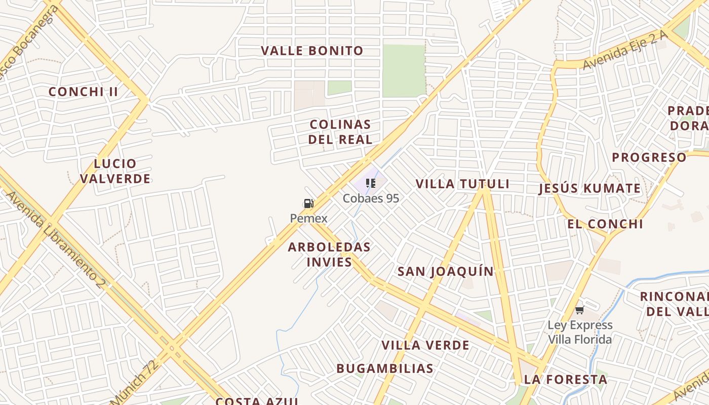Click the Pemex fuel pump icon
click(308, 204)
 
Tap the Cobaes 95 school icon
click(371, 183)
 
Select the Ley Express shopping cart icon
click(579, 310)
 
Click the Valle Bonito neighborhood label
click(312, 51)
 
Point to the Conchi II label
click(83, 92)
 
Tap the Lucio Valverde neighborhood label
click(115, 171)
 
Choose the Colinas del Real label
click(340, 132)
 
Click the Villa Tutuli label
click(462, 184)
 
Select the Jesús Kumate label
click(589, 189)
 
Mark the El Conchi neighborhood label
click(605, 224)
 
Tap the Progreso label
click(649, 157)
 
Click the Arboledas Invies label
click(329, 254)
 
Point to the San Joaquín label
click(446, 271)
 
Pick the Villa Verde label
click(425, 345)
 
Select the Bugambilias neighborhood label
click(385, 369)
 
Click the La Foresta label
click(565, 379)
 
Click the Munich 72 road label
click(134, 381)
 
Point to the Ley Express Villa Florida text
click(580, 332)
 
